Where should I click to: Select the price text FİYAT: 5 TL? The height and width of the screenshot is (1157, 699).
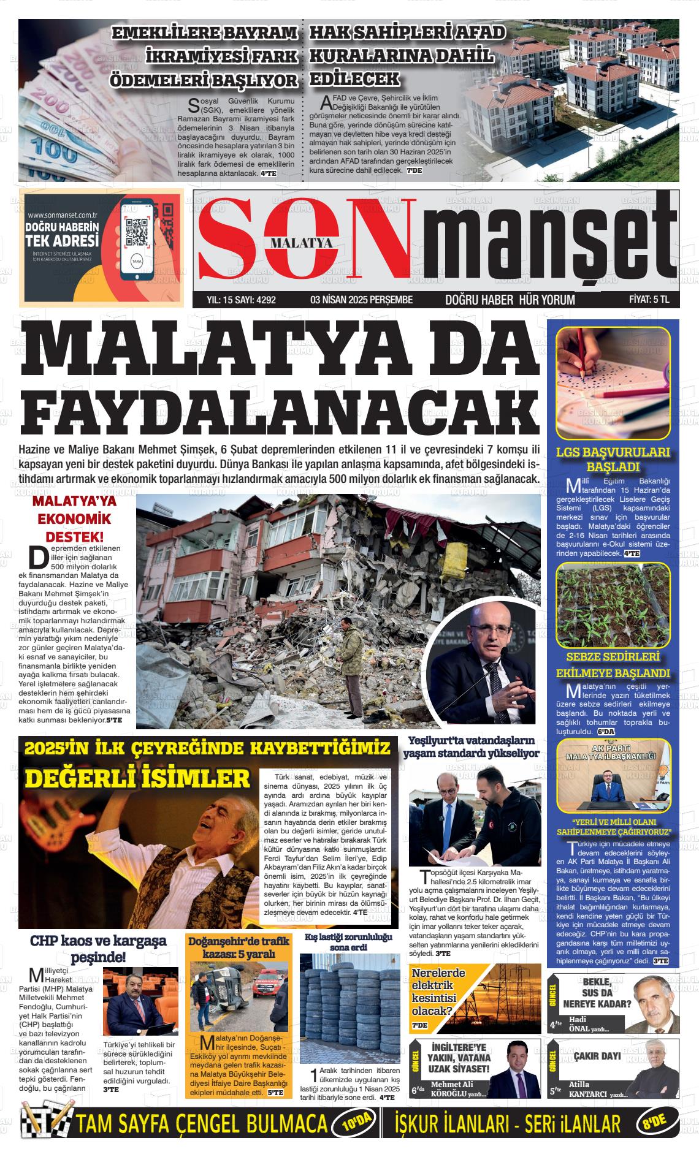[649, 300]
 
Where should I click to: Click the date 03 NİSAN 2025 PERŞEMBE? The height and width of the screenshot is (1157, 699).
[362, 300]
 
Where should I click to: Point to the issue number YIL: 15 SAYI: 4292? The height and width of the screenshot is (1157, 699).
[242, 300]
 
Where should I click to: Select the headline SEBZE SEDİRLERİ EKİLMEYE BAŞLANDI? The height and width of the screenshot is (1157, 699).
[613, 665]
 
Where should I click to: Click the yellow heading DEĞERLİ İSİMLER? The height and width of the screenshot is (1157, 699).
[137, 779]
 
